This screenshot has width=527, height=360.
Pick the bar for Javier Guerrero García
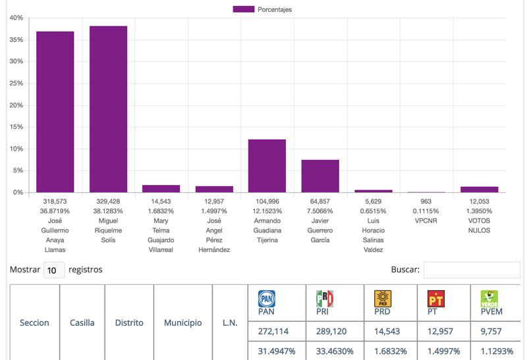pyautogui.click(x=320, y=176)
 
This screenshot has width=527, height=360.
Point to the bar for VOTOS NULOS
pyautogui.click(x=479, y=190)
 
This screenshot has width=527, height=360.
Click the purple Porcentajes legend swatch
pyautogui.click(x=244, y=9)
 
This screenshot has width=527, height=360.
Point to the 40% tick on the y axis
pyautogui.click(x=16, y=18)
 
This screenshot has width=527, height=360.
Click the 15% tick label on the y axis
pyautogui.click(x=16, y=127)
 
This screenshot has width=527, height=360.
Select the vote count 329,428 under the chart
pyautogui.click(x=109, y=201)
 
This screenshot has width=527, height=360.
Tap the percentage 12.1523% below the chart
pyautogui.click(x=267, y=211)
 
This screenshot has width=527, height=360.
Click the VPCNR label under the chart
pyautogui.click(x=426, y=221)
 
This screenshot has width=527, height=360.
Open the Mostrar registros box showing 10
pyautogui.click(x=54, y=270)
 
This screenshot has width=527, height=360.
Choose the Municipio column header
pyautogui.click(x=182, y=323)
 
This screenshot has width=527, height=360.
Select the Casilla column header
pyautogui.click(x=82, y=323)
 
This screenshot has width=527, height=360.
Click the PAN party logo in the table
pyautogui.click(x=266, y=299)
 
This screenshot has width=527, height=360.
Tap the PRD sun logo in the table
pyautogui.click(x=383, y=299)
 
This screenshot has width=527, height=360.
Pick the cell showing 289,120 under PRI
pyautogui.click(x=334, y=332)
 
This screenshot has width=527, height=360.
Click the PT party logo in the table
pyautogui.click(x=435, y=299)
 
